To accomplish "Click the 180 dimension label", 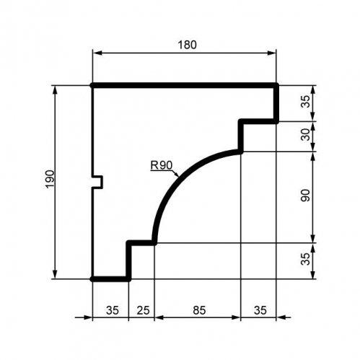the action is tap(187, 45).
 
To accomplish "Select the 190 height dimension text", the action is tap(50, 180).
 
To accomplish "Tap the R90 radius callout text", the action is tap(162, 166).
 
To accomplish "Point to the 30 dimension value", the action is tap(306, 134).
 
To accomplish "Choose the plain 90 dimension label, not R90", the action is tap(306, 196).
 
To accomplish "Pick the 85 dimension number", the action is tap(199, 310).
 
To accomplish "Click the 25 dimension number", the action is tap(143, 310).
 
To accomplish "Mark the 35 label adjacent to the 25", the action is tap(113, 310).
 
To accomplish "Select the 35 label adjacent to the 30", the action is tap(306, 102).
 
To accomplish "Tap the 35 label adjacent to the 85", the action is tap(260, 310).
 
